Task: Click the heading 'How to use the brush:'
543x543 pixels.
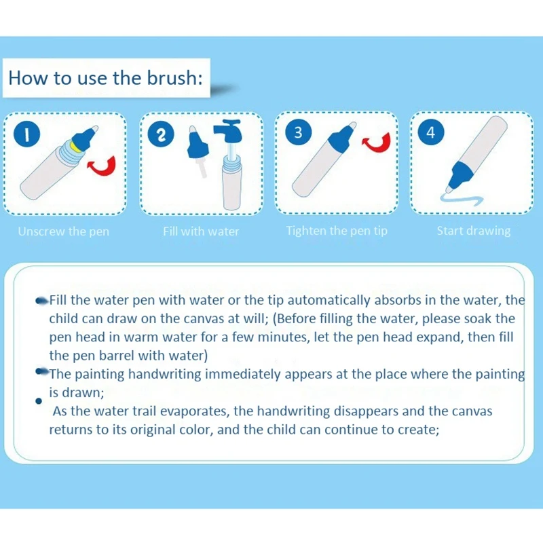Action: [105, 77]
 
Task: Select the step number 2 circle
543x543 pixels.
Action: [161, 134]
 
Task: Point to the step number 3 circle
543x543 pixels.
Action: [297, 132]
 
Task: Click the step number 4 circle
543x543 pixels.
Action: [430, 132]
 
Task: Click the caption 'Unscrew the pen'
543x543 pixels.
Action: [63, 231]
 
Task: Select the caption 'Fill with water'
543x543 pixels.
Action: [201, 231]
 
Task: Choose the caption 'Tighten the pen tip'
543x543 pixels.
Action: [337, 231]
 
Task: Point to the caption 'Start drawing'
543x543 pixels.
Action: [473, 231]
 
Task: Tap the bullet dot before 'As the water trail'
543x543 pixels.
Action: [38, 402]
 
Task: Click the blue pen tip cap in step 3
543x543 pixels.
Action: [339, 141]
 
